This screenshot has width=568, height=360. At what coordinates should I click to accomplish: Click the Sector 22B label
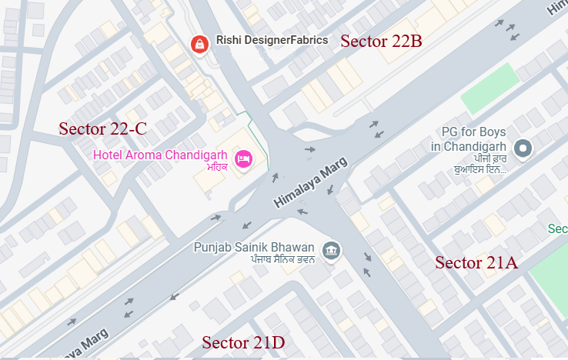point(381,42)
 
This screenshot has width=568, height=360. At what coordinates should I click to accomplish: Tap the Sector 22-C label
point(102,129)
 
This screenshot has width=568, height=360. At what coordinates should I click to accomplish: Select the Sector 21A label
point(476,263)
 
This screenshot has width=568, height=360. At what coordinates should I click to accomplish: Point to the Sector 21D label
point(243,343)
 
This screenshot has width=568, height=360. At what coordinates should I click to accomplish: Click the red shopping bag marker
point(199,44)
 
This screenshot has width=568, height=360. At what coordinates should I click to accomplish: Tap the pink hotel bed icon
point(243,158)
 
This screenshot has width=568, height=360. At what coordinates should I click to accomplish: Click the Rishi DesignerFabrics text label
point(272,40)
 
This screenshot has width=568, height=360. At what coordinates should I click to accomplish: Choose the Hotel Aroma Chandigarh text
point(160,155)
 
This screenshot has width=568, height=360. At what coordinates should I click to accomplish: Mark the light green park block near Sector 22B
point(489,89)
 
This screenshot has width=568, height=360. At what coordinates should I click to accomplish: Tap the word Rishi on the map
point(228,40)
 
